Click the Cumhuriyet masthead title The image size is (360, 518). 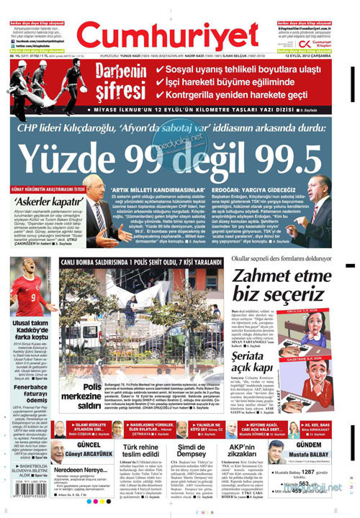coord(178,27)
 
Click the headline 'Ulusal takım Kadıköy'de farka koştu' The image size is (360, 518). coord(28,308)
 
